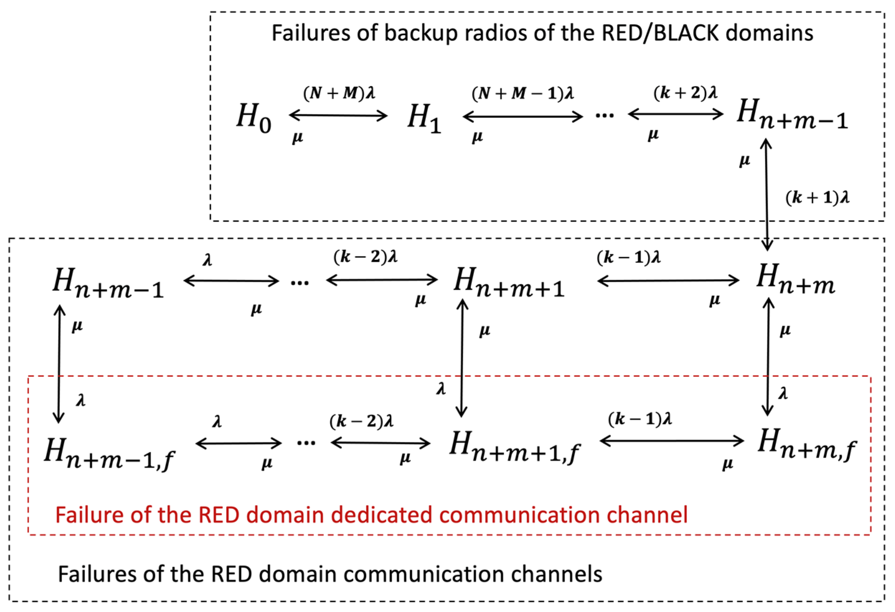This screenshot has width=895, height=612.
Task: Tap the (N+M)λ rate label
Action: pyautogui.click(x=339, y=93)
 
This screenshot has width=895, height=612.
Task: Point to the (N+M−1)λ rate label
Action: pyautogui.click(x=523, y=94)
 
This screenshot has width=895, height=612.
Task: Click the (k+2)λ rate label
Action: pyautogui.click(x=685, y=93)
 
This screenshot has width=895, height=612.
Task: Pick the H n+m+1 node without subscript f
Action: pyautogui.click(x=509, y=283)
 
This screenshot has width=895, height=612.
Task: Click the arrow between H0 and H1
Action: pyautogui.click(x=338, y=115)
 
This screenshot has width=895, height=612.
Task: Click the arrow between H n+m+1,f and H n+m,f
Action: pyautogui.click(x=672, y=441)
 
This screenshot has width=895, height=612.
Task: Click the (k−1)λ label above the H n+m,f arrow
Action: pyautogui.click(x=640, y=419)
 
